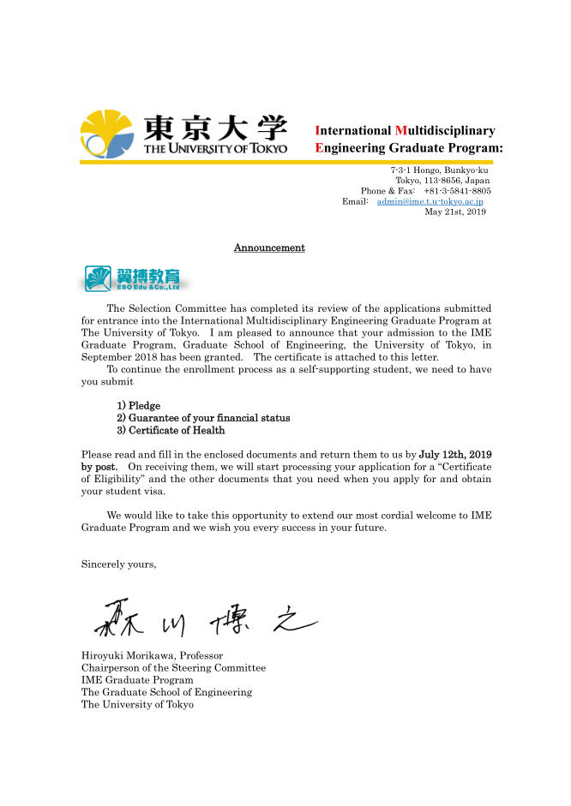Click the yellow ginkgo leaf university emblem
pyautogui.click(x=107, y=134)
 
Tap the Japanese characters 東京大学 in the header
pyautogui.click(x=214, y=128)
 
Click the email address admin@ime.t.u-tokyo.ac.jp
pyautogui.click(x=430, y=201)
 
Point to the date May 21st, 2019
pyautogui.click(x=455, y=212)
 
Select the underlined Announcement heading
pyautogui.click(x=269, y=248)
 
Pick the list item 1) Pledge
pyautogui.click(x=139, y=405)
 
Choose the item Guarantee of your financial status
pyautogui.click(x=203, y=418)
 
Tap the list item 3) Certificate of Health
pyautogui.click(x=171, y=430)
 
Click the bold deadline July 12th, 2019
pyautogui.click(x=454, y=454)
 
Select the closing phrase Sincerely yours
pyautogui.click(x=118, y=564)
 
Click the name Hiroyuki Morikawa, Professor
pyautogui.click(x=153, y=656)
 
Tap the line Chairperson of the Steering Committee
pyautogui.click(x=173, y=668)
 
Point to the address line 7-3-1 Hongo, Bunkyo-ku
pyautogui.click(x=439, y=170)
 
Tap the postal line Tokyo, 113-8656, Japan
pyautogui.click(x=442, y=181)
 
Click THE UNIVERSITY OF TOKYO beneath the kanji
pyautogui.click(x=215, y=149)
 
